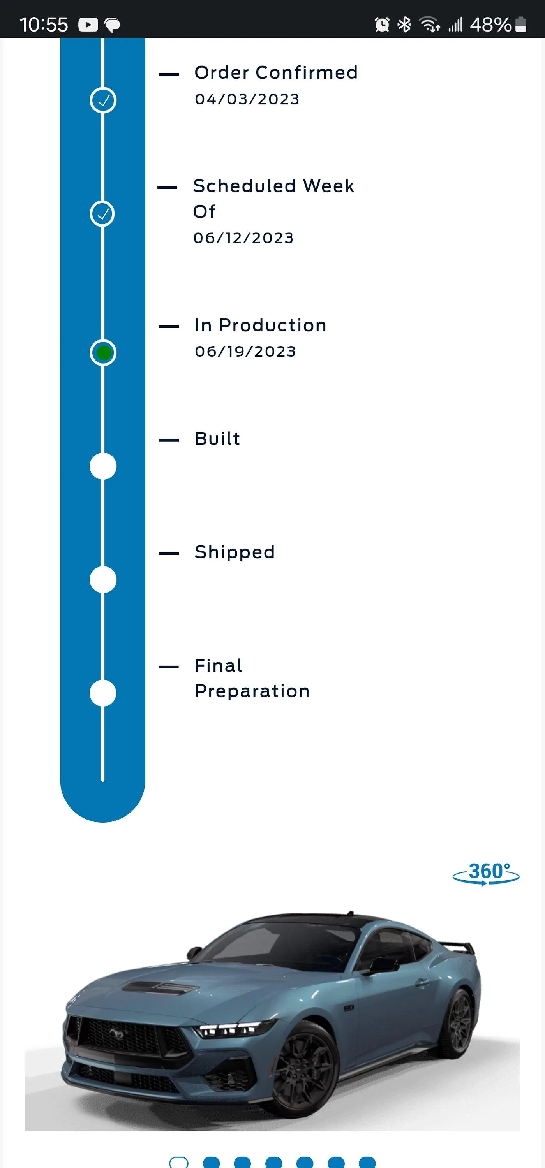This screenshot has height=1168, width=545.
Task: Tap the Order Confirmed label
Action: (x=276, y=72)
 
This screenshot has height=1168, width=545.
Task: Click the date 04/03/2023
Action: (x=247, y=99)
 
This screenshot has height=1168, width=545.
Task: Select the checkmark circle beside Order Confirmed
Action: (x=103, y=100)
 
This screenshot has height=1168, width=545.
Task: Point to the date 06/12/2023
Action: (x=243, y=238)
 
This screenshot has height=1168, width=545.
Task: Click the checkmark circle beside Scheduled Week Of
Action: (x=102, y=214)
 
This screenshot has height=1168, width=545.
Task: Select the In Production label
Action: (x=261, y=325)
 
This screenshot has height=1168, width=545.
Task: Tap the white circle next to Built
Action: (x=103, y=466)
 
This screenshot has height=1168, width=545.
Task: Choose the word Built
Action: (x=217, y=438)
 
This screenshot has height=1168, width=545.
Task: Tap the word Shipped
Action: (x=235, y=552)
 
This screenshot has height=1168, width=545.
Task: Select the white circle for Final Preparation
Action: (x=103, y=693)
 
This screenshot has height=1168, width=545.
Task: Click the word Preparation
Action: (x=252, y=691)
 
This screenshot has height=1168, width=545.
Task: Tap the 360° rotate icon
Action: (x=486, y=873)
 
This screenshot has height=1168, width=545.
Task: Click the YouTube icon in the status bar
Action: (x=88, y=25)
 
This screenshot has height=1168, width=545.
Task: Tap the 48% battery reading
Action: (x=490, y=25)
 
